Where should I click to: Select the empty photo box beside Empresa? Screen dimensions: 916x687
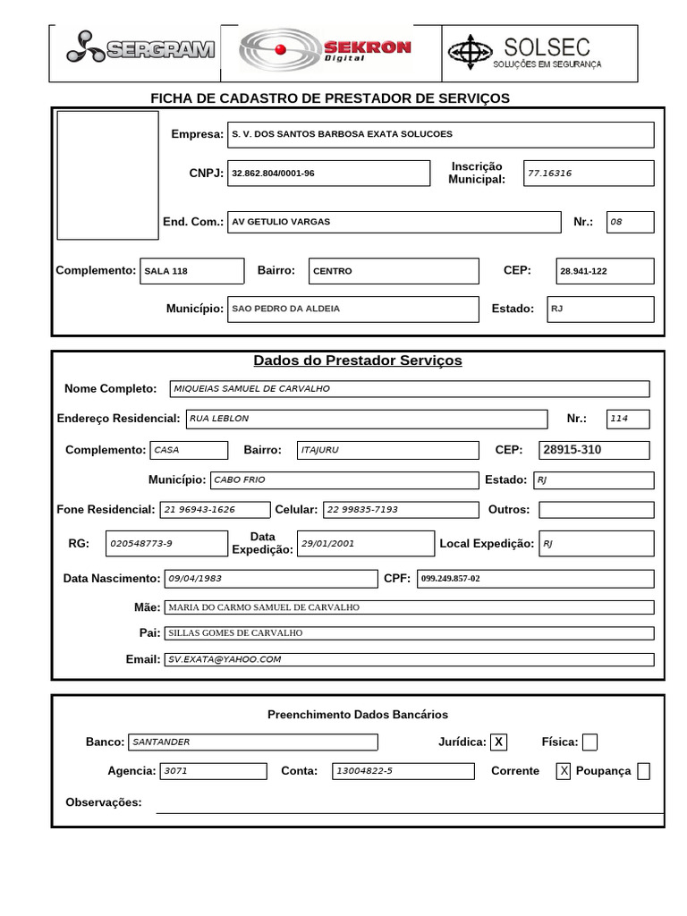(x=107, y=175)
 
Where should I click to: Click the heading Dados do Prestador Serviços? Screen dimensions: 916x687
(x=358, y=360)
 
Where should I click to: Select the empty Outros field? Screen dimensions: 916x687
(x=596, y=509)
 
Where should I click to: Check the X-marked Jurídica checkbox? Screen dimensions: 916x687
(x=499, y=742)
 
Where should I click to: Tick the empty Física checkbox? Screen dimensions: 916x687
(x=589, y=742)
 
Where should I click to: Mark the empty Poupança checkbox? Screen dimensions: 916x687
(x=643, y=771)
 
